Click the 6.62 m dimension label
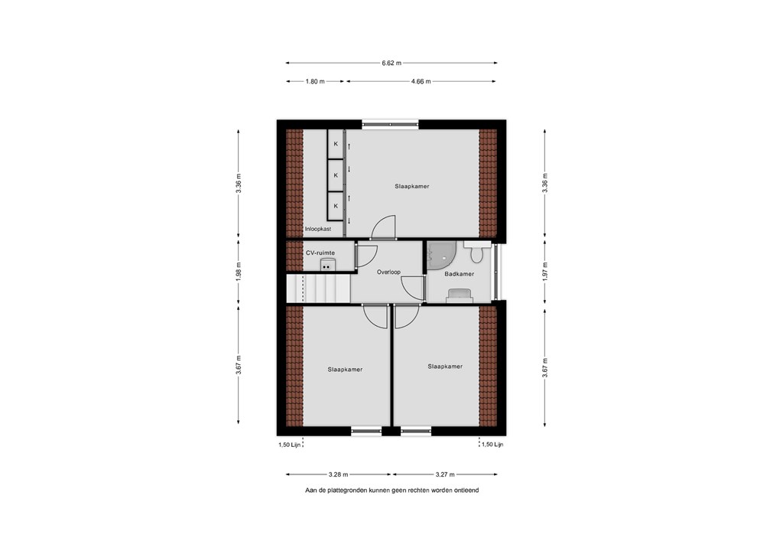click(x=391, y=63)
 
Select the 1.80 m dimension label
click(x=315, y=81)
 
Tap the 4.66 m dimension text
click(x=421, y=81)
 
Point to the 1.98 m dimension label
click(x=239, y=271)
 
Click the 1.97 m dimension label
click(x=544, y=271)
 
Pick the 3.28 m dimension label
click(x=339, y=474)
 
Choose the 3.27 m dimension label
click(x=444, y=474)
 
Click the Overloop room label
click(x=388, y=272)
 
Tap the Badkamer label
click(x=460, y=274)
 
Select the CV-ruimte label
click(x=320, y=253)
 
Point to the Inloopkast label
click(x=318, y=229)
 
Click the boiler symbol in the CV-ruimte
click(x=327, y=265)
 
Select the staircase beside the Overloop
click(x=318, y=288)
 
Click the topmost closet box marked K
click(x=336, y=144)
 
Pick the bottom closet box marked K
click(x=336, y=207)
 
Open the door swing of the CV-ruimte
click(x=366, y=256)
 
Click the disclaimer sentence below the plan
click(x=392, y=490)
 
